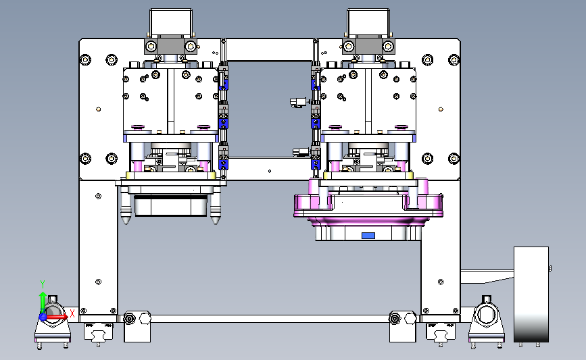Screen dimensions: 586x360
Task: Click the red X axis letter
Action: point(72,313)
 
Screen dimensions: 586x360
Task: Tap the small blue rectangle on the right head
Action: point(368,236)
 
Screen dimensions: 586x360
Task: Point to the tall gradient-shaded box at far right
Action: point(531,294)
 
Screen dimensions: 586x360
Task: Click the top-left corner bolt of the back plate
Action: point(85,59)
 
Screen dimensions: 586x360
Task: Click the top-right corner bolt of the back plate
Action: point(454,59)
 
